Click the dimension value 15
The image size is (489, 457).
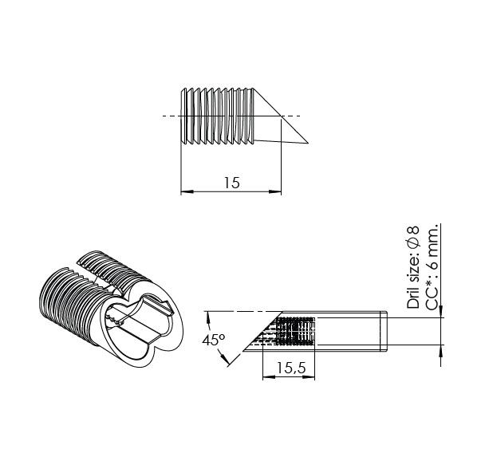click(231, 183)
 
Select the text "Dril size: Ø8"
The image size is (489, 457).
click(413, 268)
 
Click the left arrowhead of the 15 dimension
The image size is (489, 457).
click(186, 191)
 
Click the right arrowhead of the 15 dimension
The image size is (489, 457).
click(277, 191)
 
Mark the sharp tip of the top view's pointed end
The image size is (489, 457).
click(309, 144)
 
